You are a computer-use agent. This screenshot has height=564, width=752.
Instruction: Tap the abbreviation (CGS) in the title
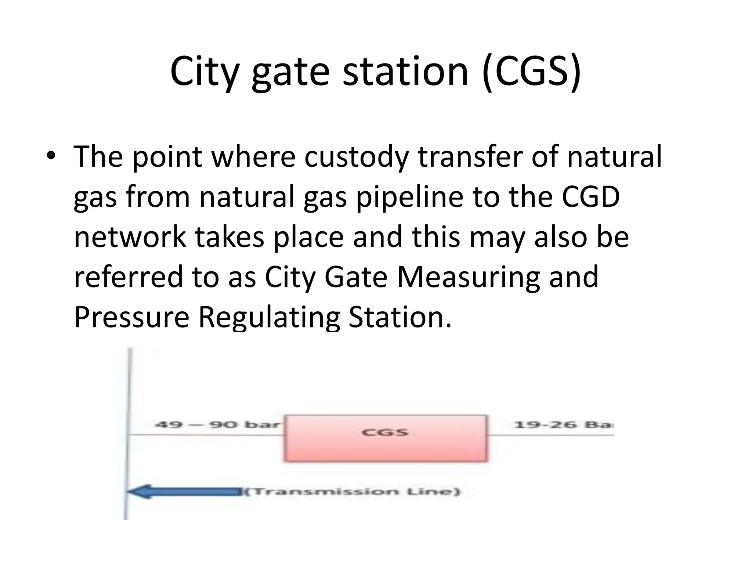click(532, 71)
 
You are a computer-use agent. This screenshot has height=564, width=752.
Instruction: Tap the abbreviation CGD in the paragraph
click(591, 197)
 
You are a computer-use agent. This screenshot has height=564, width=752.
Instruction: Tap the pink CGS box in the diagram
click(386, 438)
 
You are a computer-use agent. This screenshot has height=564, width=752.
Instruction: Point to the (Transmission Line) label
click(352, 491)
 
